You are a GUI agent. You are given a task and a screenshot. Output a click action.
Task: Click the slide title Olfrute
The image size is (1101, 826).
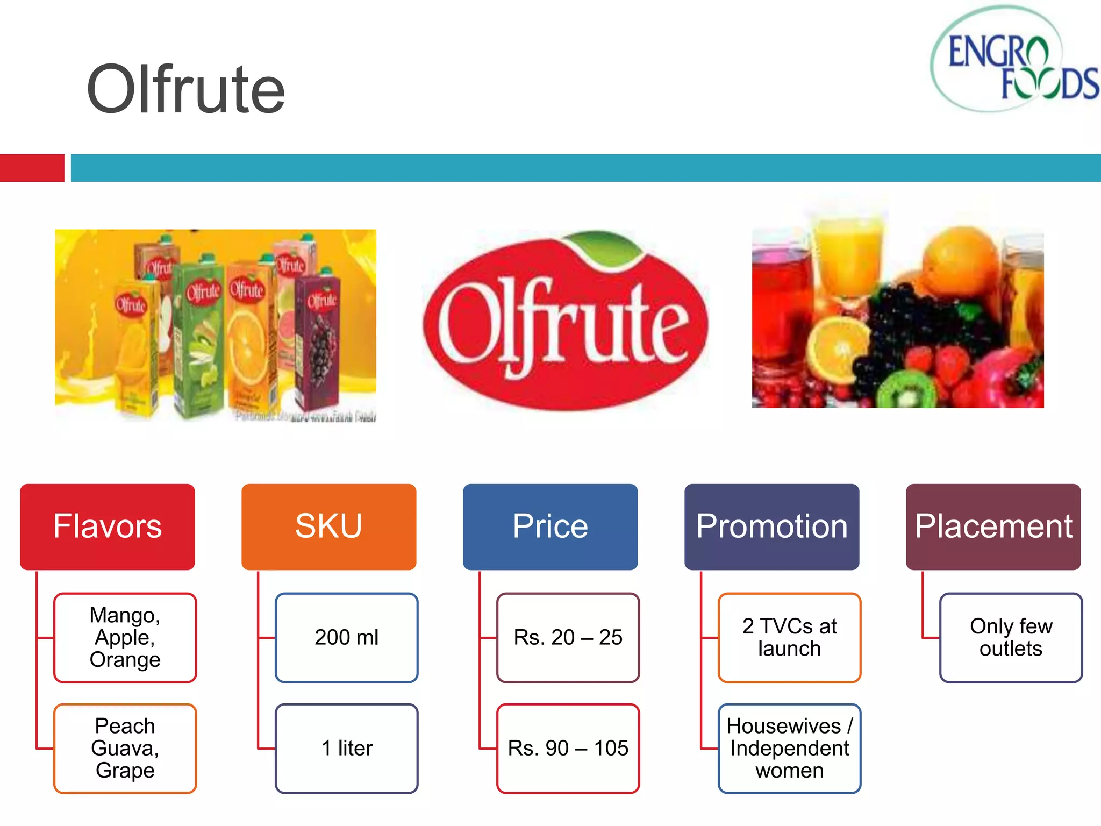coord(185,90)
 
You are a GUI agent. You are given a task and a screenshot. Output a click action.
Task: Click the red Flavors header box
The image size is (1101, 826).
coord(108,526)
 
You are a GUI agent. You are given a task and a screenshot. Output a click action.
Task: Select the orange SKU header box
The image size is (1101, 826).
coord(328,526)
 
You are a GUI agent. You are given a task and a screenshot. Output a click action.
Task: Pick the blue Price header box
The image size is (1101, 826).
coord(550,526)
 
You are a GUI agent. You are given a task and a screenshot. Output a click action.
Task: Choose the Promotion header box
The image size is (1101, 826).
coord(771,526)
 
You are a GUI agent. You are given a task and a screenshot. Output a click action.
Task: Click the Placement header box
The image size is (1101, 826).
coord(993,526)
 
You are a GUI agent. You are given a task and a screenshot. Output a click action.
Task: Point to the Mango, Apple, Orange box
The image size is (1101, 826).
coord(125,638)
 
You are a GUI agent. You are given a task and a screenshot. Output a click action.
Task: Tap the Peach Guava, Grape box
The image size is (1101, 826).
coord(125,748)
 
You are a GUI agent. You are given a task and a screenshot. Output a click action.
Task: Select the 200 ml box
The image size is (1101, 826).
coord(347,638)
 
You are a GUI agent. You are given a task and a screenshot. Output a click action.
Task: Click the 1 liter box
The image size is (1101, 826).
coord(347,748)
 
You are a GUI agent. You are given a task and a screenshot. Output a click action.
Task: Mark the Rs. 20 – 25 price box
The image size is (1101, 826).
coord(568,638)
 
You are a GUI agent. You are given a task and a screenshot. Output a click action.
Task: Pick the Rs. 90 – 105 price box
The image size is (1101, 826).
coord(568,748)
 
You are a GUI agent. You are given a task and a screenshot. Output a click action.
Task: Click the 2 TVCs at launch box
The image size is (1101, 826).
coord(790,638)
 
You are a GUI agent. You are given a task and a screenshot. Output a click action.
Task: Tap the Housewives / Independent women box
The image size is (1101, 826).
coord(790,748)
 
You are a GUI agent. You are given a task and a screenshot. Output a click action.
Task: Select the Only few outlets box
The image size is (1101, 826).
coord(1011,638)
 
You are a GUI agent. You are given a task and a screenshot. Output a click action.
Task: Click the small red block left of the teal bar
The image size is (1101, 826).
coord(32,168)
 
